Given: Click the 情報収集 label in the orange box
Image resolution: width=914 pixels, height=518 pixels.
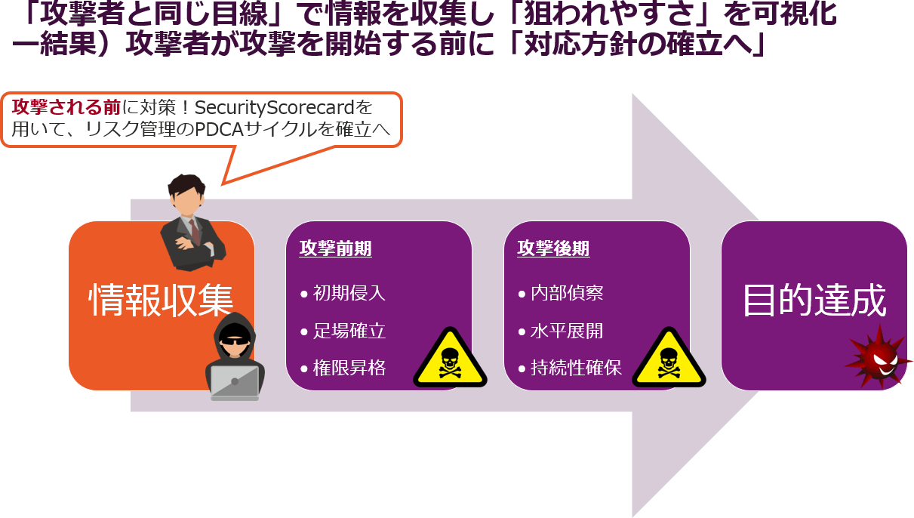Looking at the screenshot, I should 161,301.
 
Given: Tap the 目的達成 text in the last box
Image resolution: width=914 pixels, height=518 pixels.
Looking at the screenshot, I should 814,301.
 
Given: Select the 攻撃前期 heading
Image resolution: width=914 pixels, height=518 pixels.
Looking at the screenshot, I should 335,249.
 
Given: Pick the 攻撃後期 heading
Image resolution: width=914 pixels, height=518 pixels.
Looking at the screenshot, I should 553,249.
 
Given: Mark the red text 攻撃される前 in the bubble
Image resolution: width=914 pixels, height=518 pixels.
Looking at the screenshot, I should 56,108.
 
